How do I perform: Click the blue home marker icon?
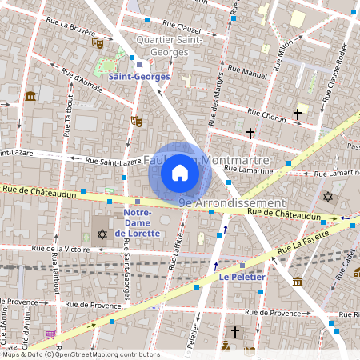pyautogui.click(x=180, y=172)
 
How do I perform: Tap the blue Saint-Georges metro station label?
pyautogui.click(x=139, y=76)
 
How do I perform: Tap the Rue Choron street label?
pyautogui.click(x=266, y=117)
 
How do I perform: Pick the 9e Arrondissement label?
pyautogui.click(x=232, y=203)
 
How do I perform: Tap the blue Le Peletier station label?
pyautogui.click(x=242, y=278)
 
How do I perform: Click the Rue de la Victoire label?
pyautogui.click(x=60, y=250)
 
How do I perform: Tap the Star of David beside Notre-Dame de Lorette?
pyautogui.click(x=102, y=234)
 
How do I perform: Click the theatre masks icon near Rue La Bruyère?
pyautogui.click(x=98, y=42)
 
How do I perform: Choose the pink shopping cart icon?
pyautogui.click(x=51, y=334)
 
